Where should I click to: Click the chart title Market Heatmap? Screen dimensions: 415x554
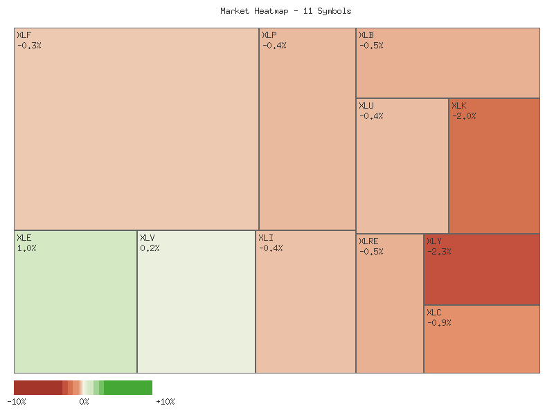(285, 11)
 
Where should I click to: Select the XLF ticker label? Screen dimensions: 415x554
(24, 35)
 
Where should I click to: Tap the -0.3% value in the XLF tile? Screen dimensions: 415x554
(29, 46)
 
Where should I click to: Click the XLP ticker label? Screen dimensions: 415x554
(269, 35)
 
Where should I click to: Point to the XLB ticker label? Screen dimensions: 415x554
(366, 35)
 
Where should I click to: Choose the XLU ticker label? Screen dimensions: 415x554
(366, 106)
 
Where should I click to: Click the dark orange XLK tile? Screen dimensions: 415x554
(494, 173)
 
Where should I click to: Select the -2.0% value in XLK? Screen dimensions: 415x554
(464, 116)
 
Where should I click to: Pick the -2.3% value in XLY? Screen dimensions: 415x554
(439, 252)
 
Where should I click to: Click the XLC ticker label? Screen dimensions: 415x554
(434, 313)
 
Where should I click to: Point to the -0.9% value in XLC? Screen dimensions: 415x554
(439, 323)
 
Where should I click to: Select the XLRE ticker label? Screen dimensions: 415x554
(368, 241)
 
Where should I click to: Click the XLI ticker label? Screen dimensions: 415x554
(265, 238)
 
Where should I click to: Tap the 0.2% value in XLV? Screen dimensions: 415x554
(150, 248)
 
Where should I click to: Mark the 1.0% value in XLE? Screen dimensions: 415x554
(26, 248)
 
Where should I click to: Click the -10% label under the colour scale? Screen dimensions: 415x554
(17, 402)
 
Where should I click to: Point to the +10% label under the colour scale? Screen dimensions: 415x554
(165, 402)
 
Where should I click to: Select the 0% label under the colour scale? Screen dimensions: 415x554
(84, 402)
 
